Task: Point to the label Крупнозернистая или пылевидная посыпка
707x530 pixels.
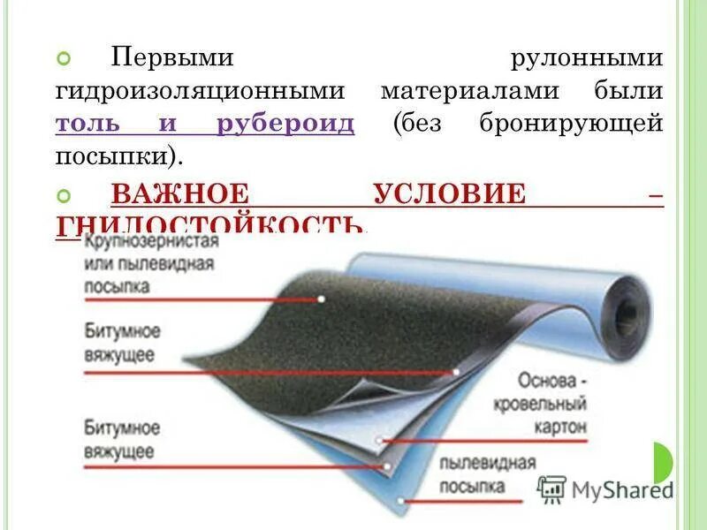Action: [149, 263]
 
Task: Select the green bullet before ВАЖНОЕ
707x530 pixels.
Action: [63, 193]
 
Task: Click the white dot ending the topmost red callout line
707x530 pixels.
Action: [321, 299]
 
